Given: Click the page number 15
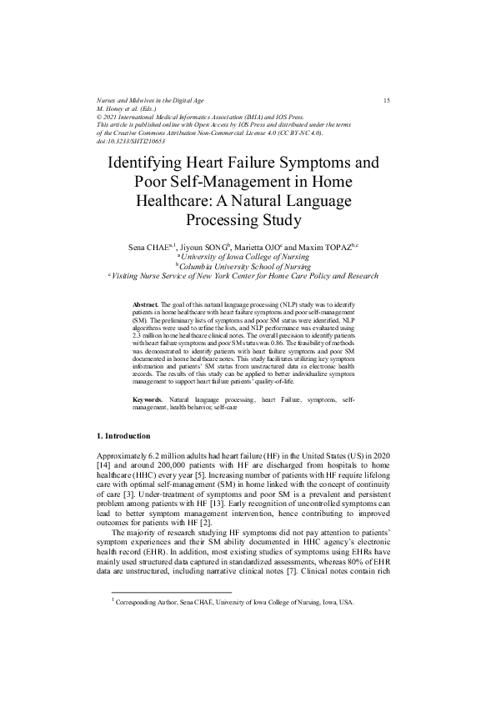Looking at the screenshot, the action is click(x=387, y=101).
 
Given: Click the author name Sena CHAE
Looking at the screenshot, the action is click(x=150, y=248).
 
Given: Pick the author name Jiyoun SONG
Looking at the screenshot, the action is click(x=203, y=248).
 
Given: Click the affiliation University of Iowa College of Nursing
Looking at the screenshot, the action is click(x=248, y=257).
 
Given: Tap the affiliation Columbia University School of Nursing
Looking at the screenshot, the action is click(x=249, y=266).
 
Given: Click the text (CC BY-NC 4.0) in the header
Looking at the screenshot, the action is click(x=303, y=133).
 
